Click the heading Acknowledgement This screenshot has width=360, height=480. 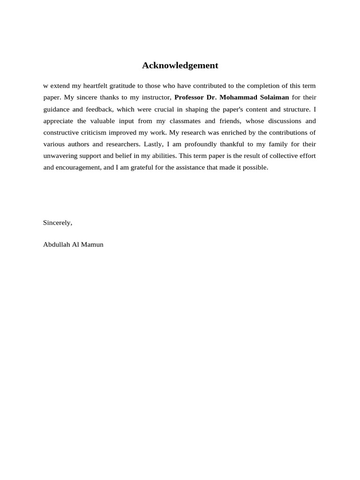pyautogui.click(x=180, y=66)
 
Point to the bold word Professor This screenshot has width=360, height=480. pyautogui.click(x=189, y=97)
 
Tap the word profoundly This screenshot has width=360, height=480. pyautogui.click(x=204, y=144)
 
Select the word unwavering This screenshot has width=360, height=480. pyautogui.click(x=60, y=156)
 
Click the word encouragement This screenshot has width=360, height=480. pyautogui.click(x=71, y=168)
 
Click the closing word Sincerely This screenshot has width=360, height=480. pyautogui.click(x=58, y=223)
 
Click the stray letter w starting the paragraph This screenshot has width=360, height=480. pyautogui.click(x=45, y=86)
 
